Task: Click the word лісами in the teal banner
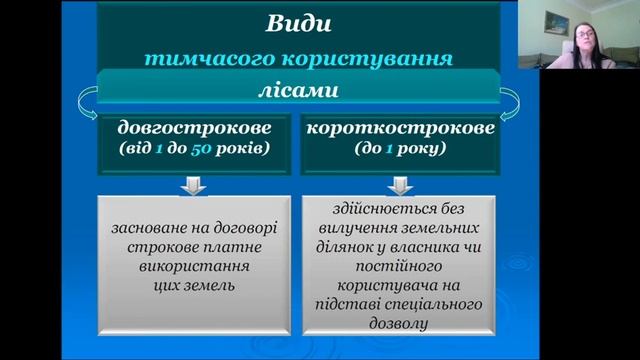pyautogui.click(x=297, y=91)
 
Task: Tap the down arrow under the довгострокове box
pyautogui.click(x=194, y=186)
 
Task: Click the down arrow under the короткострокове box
pyautogui.click(x=400, y=186)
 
